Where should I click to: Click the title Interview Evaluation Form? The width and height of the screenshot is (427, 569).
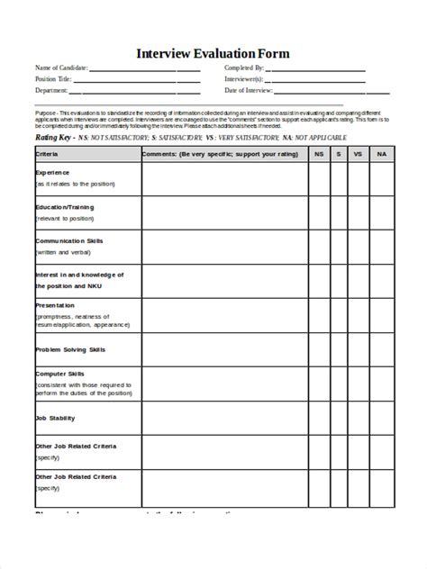(x=213, y=53)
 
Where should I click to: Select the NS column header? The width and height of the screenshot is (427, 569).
(x=318, y=155)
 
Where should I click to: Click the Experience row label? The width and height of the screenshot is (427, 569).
(x=52, y=171)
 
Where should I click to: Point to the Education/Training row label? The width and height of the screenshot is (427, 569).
(x=64, y=206)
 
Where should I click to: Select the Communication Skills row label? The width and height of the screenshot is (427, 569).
(x=69, y=241)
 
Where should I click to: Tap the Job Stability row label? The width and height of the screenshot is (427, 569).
(x=55, y=418)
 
